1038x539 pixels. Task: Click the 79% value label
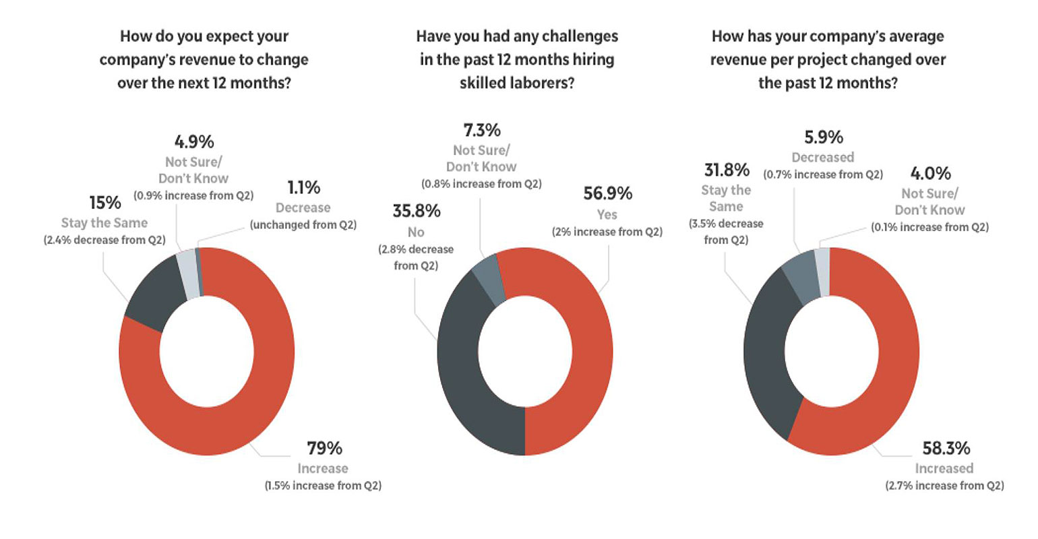[x=324, y=448]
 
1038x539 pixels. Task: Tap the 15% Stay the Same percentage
[x=105, y=203]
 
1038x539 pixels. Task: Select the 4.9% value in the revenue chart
[x=193, y=142]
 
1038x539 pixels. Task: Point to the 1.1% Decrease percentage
[x=303, y=187]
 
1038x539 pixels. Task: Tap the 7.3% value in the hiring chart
[x=481, y=130]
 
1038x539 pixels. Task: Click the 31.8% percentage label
[x=726, y=170]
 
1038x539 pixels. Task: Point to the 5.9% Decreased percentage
[x=823, y=137]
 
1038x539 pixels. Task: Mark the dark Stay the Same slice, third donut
[x=768, y=350]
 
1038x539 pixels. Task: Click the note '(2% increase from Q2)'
[x=607, y=232]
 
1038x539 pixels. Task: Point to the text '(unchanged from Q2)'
[x=303, y=224]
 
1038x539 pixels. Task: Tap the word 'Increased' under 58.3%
[x=944, y=468]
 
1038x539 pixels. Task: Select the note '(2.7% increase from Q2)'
[x=944, y=485]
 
